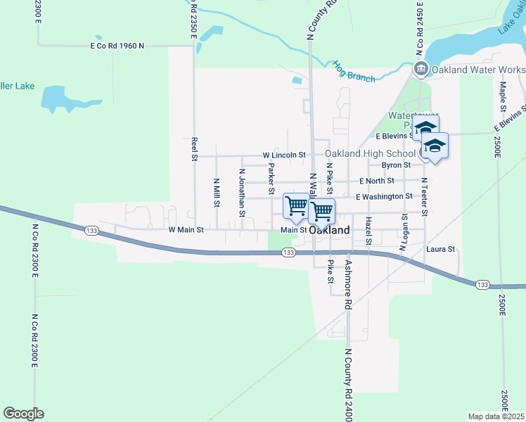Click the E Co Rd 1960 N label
pyautogui.click(x=117, y=46)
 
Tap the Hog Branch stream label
pyautogui.click(x=354, y=72)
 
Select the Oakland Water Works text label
pyautogui.click(x=478, y=70)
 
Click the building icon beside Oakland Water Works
pyautogui.click(x=421, y=69)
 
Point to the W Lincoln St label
pyautogui.click(x=284, y=154)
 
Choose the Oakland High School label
pyautogui.click(x=370, y=153)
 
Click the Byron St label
pyautogui.click(x=396, y=165)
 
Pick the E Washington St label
pyautogui.click(x=383, y=197)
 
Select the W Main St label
pyautogui.click(x=186, y=229)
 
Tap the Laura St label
pyautogui.click(x=441, y=249)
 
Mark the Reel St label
pyautogui.click(x=194, y=149)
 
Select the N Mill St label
pyautogui.click(x=217, y=193)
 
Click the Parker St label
pyautogui.click(x=271, y=179)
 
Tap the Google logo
pyautogui.click(x=23, y=414)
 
